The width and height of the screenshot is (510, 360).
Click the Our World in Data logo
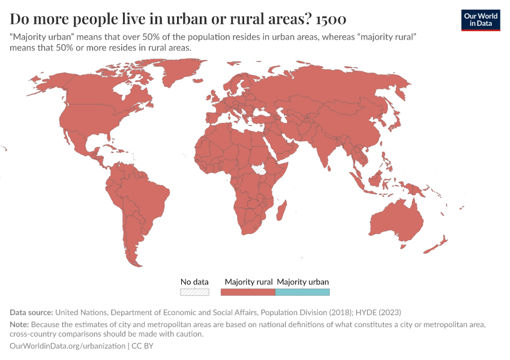(x=481, y=19)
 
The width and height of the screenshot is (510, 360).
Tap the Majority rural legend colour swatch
(x=248, y=292)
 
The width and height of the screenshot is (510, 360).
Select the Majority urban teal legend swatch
(x=302, y=292)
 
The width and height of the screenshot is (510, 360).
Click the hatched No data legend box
(x=194, y=292)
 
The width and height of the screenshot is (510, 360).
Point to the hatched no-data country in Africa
(x=260, y=169)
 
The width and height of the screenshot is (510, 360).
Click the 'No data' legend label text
(x=194, y=281)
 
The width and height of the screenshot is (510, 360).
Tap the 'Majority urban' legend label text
(x=302, y=281)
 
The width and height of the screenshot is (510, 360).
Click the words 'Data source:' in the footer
(x=31, y=312)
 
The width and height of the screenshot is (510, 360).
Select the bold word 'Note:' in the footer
(x=20, y=325)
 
